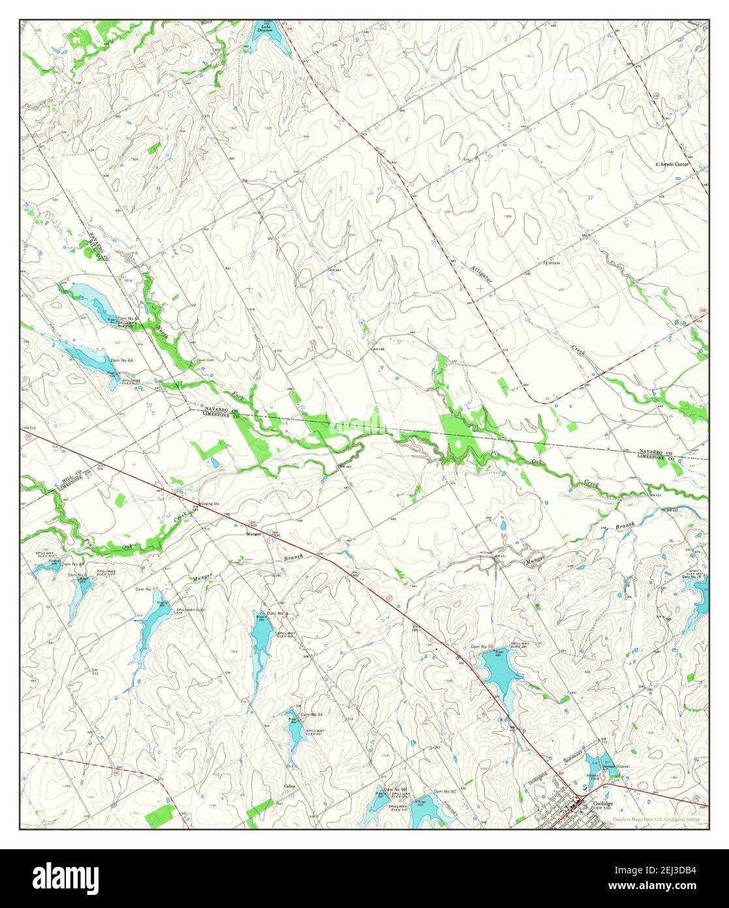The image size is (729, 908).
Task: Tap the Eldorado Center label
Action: pyautogui.click(x=672, y=164)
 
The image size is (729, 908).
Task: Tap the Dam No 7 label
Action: pyautogui.click(x=144, y=589)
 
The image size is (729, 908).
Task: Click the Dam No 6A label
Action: pyautogui.click(x=121, y=361)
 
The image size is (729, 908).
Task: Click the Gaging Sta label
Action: pyautogui.click(x=191, y=504)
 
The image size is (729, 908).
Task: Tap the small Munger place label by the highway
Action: pyautogui.click(x=254, y=534)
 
